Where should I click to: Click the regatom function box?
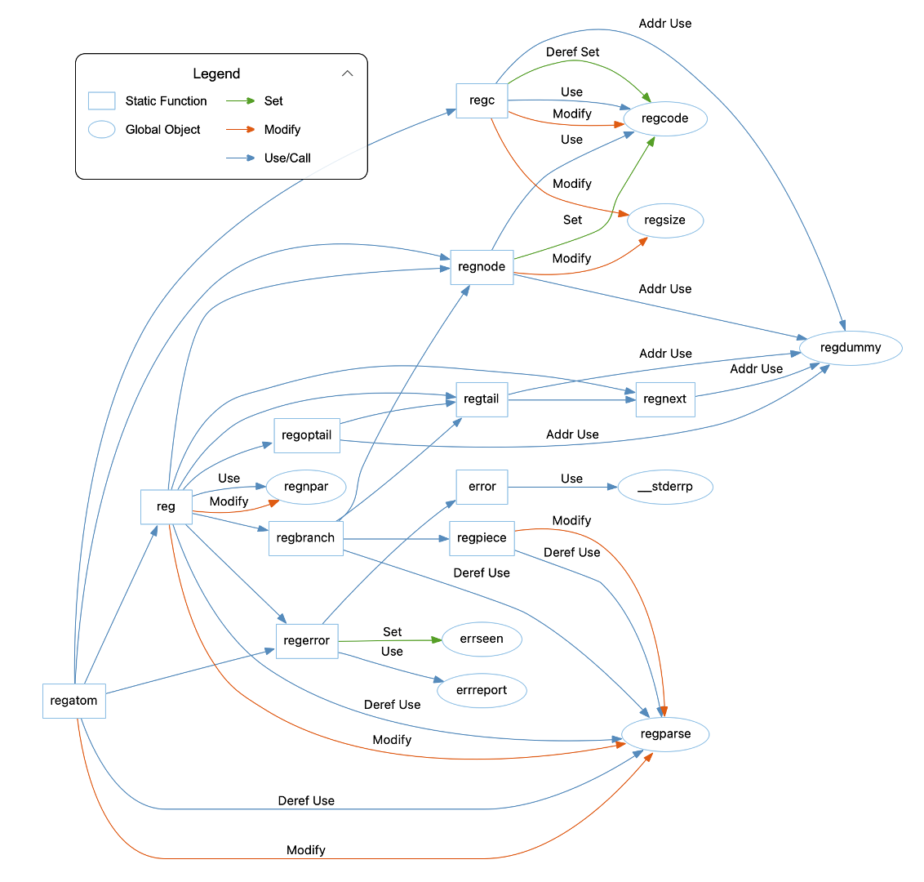[x=74, y=701]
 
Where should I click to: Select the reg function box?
[x=167, y=506]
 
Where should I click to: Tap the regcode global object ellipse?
[x=664, y=118]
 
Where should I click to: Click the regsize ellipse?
[x=664, y=220]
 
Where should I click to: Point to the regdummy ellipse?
[x=851, y=348]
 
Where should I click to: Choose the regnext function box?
[x=665, y=399]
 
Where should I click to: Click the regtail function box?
[x=482, y=399]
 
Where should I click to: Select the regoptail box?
[x=307, y=435]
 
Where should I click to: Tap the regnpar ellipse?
[x=306, y=487]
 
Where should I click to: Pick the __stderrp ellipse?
[x=665, y=488]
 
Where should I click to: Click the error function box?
[x=482, y=487]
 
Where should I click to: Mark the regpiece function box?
[x=482, y=538]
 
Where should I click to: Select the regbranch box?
[x=306, y=538]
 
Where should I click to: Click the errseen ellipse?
[x=482, y=639]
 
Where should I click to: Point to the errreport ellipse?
[x=482, y=691]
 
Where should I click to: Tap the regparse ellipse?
[x=665, y=734]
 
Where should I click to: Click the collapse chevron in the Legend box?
[x=348, y=73]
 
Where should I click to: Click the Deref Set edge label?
[x=572, y=52]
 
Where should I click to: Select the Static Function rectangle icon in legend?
[x=102, y=101]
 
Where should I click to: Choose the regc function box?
[x=482, y=100]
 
